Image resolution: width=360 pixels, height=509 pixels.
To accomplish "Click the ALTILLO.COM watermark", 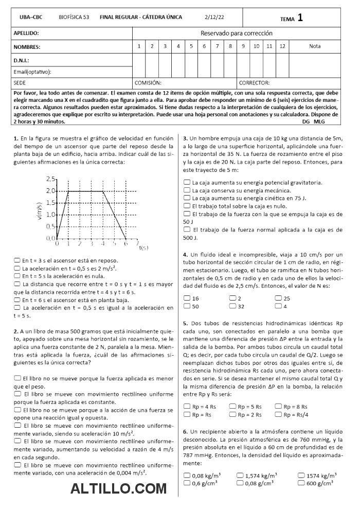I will click(x=118, y=488).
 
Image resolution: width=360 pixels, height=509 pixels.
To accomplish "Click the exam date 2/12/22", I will click(x=214, y=17).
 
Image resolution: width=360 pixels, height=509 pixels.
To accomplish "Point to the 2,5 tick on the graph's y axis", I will click(x=50, y=179).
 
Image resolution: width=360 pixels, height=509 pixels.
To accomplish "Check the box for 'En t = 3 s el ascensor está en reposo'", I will click(x=17, y=260).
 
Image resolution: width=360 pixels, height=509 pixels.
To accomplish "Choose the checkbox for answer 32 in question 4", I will click(x=232, y=306).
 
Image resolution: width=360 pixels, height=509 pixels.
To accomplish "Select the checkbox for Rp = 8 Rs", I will click(x=278, y=406).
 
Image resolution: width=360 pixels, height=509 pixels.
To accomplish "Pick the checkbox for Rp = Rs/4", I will click(x=278, y=414).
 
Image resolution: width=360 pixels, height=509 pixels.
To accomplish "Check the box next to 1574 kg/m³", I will click(x=301, y=476).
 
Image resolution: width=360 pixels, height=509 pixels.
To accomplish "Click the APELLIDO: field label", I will click(x=26, y=33).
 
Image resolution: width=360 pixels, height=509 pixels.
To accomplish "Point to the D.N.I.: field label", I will click(x=22, y=60).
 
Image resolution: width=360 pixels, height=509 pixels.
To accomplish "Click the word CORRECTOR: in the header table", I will click(x=254, y=82).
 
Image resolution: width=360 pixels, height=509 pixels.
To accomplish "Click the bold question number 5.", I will click(x=185, y=323).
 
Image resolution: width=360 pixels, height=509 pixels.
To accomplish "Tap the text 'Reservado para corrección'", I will click(x=236, y=33).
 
